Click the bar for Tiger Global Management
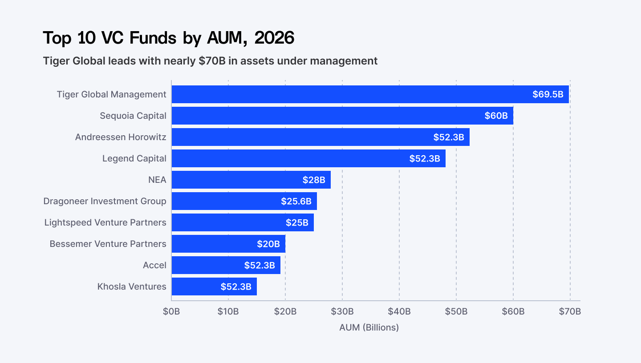tap(347, 94)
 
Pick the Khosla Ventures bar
tap(196, 286)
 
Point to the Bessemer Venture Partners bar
tap(214, 244)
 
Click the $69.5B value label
tap(548, 94)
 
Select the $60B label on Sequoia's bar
tap(496, 116)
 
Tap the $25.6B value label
tap(296, 201)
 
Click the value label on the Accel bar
tap(260, 265)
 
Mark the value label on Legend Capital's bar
tap(425, 158)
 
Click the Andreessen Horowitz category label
tap(121, 137)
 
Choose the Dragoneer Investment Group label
tap(105, 201)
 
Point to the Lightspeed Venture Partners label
tap(105, 222)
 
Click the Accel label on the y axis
tap(154, 265)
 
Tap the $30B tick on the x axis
tap(342, 311)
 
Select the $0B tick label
tap(171, 311)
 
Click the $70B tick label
tap(570, 311)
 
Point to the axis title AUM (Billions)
tap(369, 327)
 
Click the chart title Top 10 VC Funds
tap(169, 38)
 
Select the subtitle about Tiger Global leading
tap(210, 61)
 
